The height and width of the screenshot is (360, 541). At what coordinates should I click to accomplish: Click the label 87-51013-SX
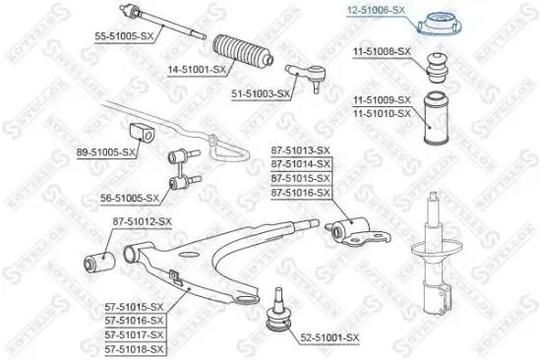click(x=299, y=150)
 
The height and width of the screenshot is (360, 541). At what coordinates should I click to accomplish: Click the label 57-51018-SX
click(x=135, y=348)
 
